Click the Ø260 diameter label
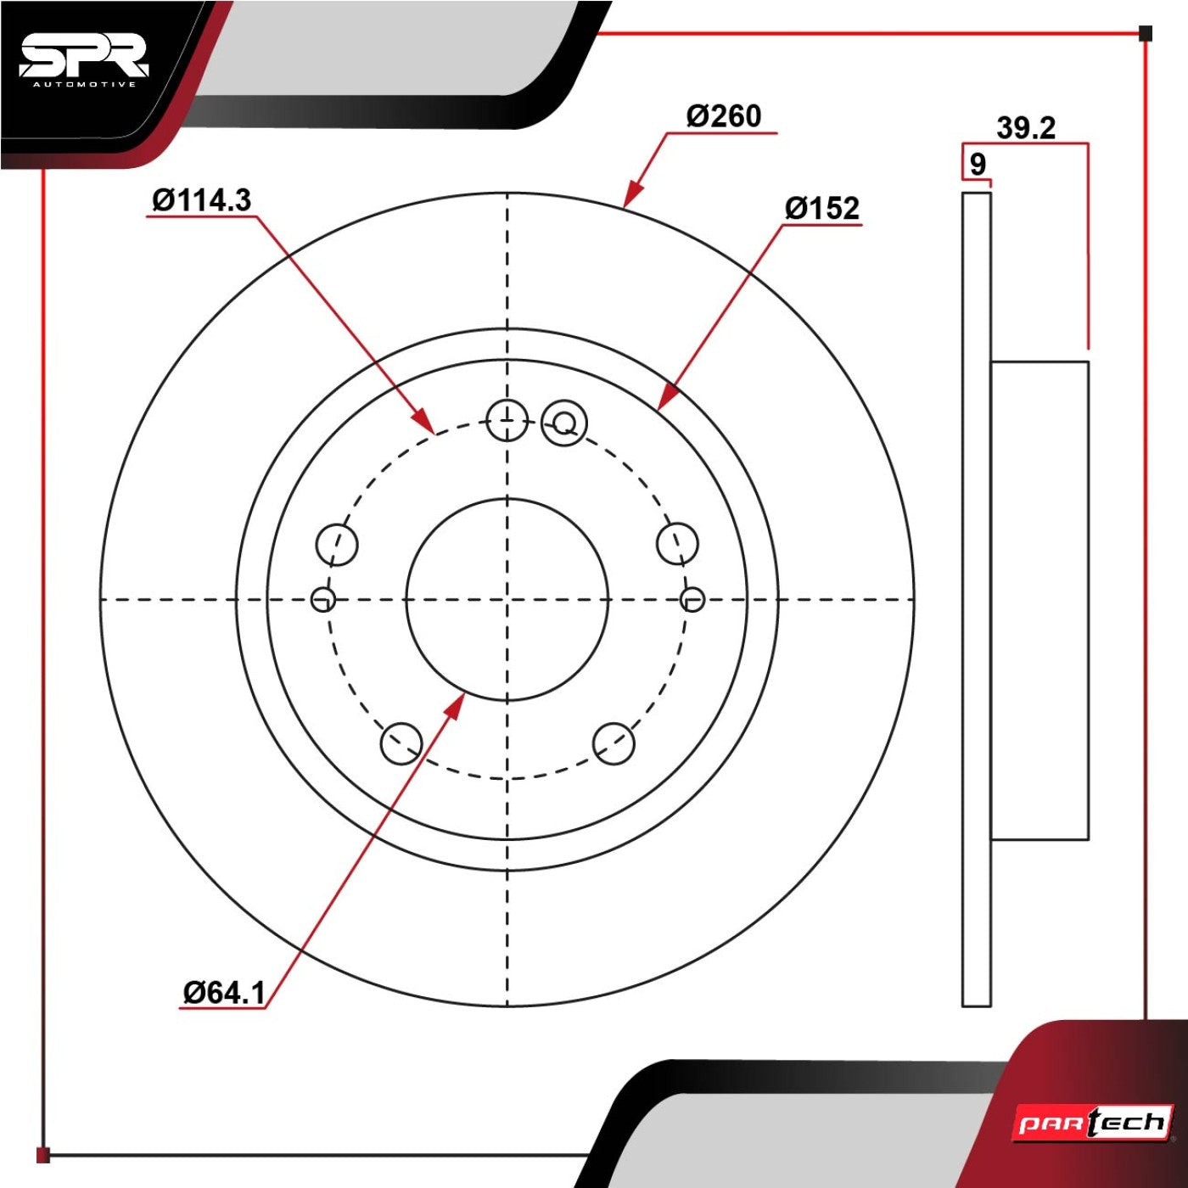coord(724,116)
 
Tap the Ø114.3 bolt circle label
coord(202,200)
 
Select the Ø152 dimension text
coord(821,209)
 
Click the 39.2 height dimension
coord(1026,128)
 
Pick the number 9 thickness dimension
coord(978,165)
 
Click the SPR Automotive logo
coord(84,62)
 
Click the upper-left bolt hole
coord(337,545)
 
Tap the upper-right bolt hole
coord(677,544)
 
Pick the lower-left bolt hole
coord(401,743)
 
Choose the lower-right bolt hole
coord(614,743)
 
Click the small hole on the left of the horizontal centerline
coord(323,598)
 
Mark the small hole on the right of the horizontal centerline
coord(693,598)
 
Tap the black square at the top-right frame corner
coord(1145,33)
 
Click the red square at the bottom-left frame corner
coord(43,1154)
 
